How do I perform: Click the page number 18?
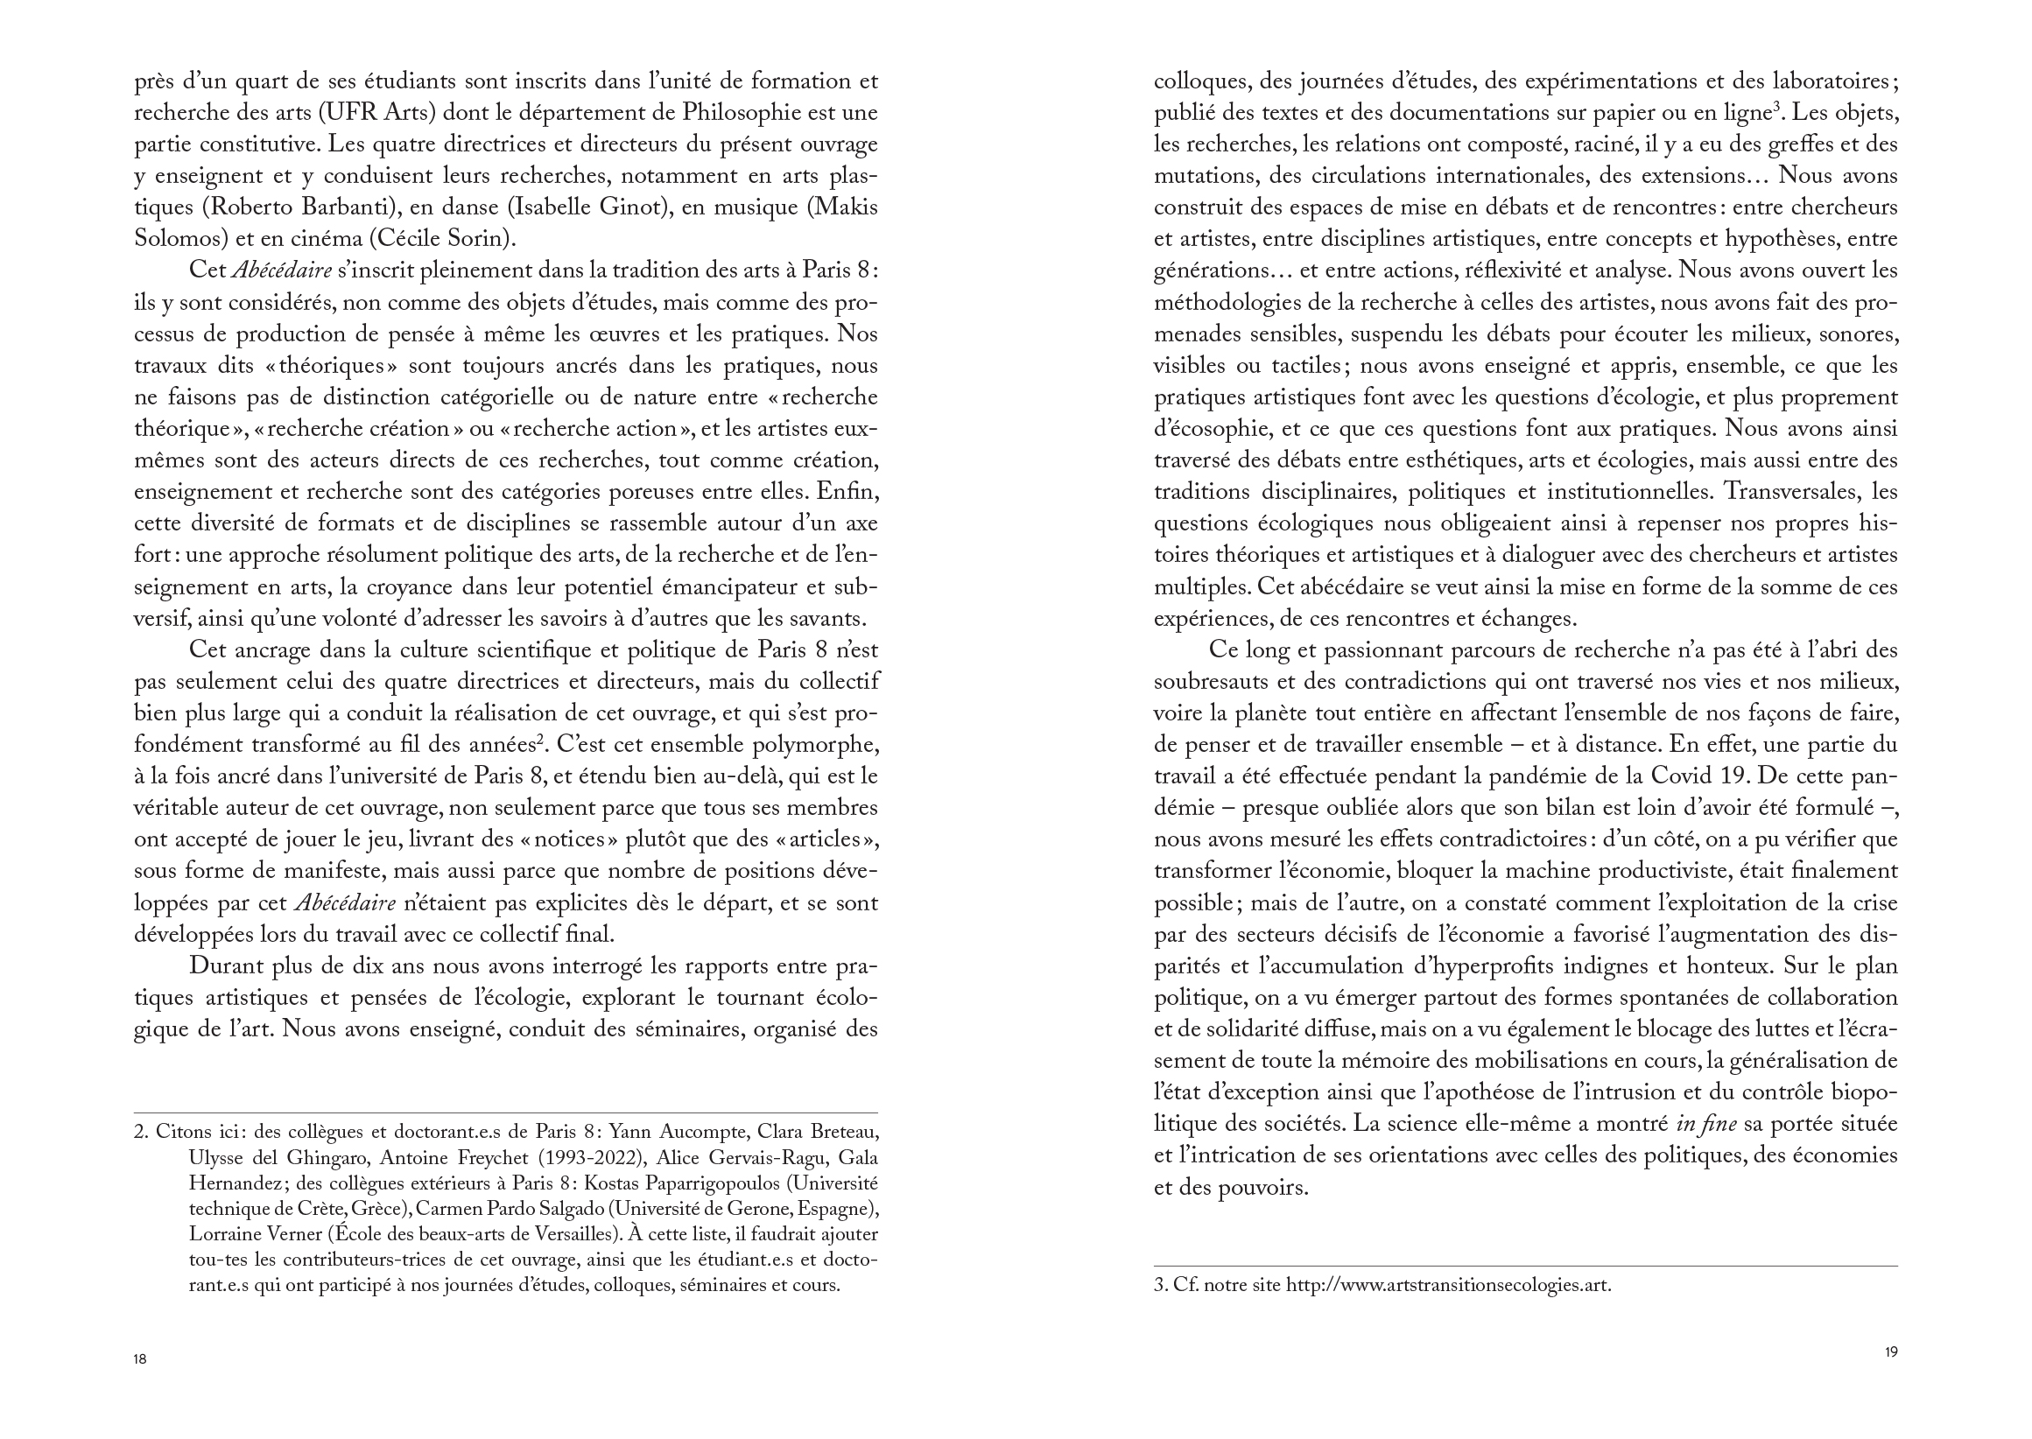point(140,1359)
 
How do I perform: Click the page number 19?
point(1890,1352)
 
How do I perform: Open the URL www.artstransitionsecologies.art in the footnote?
point(1448,1285)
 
